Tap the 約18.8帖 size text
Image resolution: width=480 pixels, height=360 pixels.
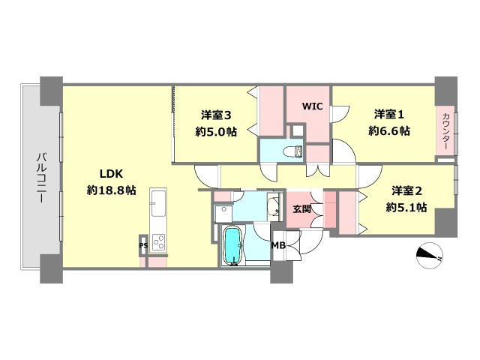(x=111, y=190)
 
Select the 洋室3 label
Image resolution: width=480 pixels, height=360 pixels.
(x=215, y=115)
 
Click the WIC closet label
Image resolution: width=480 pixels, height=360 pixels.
(x=312, y=106)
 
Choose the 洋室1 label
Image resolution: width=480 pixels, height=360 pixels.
(x=389, y=115)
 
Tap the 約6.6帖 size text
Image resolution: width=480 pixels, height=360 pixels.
(x=389, y=130)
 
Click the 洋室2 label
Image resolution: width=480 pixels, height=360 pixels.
(x=406, y=190)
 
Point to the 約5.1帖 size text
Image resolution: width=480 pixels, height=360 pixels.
(x=406, y=207)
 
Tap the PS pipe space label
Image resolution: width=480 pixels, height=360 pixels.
(x=142, y=245)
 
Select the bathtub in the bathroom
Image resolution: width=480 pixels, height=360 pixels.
(x=235, y=245)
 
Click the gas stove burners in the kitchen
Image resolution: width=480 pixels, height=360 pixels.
(x=159, y=241)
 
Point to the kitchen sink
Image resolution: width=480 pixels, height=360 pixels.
(x=158, y=202)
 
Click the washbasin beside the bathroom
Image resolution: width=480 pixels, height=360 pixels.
(x=223, y=213)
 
